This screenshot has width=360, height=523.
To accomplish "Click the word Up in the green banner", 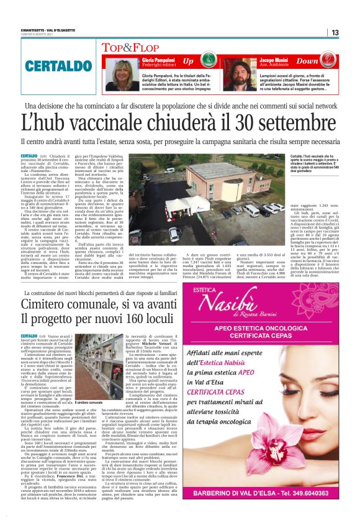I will pyautogui.click(x=188, y=61).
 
